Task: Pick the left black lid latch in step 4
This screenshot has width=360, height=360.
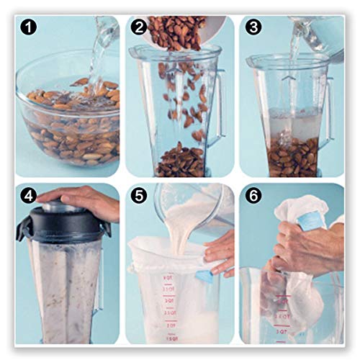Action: tap(23, 229)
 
